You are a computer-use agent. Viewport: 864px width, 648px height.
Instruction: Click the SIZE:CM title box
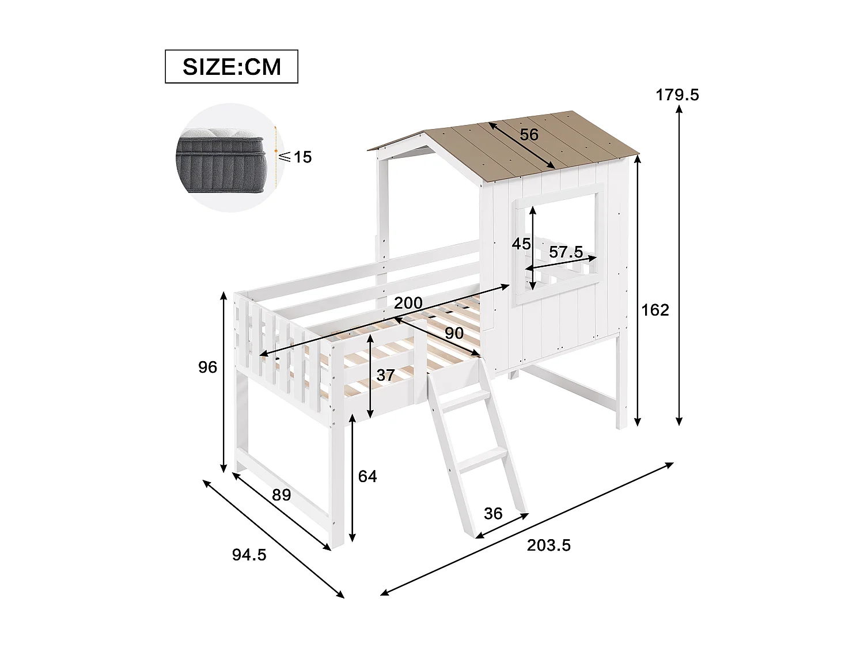232,67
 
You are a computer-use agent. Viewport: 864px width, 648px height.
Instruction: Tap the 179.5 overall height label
677,94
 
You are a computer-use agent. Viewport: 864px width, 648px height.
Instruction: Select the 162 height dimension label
655,310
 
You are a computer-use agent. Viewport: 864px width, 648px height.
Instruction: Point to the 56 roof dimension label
529,135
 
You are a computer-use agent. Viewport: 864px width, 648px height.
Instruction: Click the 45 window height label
521,244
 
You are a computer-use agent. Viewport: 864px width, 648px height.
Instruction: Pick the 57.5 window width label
566,252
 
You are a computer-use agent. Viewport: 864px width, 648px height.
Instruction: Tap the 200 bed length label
408,303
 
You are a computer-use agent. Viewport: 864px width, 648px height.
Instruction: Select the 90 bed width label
454,333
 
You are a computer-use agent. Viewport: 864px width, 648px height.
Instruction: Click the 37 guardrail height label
385,375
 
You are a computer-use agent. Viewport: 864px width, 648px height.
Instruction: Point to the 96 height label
207,367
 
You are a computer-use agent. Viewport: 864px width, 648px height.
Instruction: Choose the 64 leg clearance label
367,476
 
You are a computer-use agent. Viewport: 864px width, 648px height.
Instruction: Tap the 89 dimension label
281,495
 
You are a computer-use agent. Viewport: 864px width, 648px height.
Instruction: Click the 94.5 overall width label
249,555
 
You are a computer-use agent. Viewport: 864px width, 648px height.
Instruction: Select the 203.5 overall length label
548,545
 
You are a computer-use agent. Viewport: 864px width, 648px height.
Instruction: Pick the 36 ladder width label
493,513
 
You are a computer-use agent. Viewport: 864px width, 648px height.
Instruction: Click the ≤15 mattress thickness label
295,157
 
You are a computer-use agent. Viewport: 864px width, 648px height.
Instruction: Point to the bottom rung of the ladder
484,459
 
